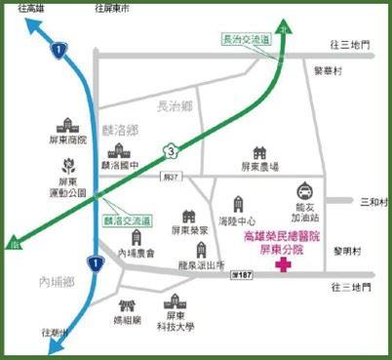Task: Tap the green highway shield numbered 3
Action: click(171, 152)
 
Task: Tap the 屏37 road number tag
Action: click(173, 177)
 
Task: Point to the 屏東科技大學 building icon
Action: click(175, 301)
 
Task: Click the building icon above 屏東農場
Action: click(260, 153)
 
